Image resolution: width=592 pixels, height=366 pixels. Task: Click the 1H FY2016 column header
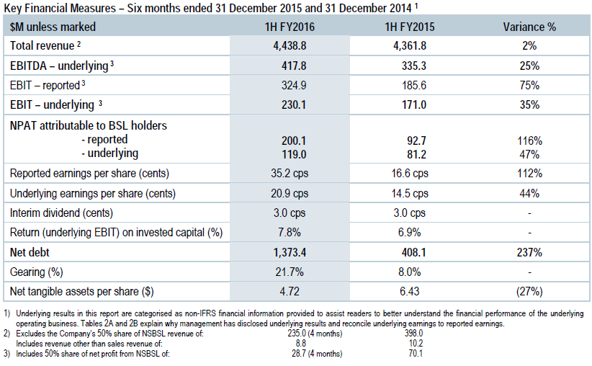click(290, 27)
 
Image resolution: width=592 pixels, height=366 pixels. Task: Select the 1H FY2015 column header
click(410, 27)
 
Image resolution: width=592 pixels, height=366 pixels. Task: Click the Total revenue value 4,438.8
click(290, 45)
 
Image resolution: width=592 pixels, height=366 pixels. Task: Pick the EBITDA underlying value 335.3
click(410, 65)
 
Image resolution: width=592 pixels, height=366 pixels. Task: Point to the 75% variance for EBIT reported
click(529, 85)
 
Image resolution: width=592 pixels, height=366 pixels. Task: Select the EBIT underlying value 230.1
click(290, 104)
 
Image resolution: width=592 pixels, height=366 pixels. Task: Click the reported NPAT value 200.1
click(290, 139)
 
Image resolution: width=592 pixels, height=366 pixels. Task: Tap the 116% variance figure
click(529, 139)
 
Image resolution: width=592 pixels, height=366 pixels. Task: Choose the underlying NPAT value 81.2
click(410, 153)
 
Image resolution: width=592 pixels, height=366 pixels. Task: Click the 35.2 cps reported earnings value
click(290, 174)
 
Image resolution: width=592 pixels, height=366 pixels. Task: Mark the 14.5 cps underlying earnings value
click(410, 194)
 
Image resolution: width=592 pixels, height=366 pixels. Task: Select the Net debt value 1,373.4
click(290, 253)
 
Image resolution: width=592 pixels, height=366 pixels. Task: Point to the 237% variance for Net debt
click(529, 253)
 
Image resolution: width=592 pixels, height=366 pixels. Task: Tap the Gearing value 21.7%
click(290, 272)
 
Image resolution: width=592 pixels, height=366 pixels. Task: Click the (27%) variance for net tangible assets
click(529, 292)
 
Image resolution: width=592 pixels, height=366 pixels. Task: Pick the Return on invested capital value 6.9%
click(410, 233)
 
